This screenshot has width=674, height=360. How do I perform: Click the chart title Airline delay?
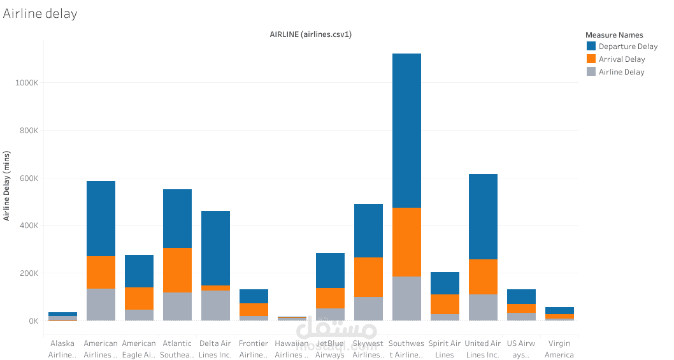coord(40,13)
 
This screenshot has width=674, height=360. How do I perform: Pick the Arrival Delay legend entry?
coord(621,59)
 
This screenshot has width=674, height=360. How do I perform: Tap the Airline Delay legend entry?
coord(621,72)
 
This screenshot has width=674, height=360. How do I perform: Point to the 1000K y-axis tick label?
coord(27,83)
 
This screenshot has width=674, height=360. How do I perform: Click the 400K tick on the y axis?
coord(29,226)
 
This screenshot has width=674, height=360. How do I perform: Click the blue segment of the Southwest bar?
coord(406,131)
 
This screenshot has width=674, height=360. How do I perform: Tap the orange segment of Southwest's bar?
coord(406,242)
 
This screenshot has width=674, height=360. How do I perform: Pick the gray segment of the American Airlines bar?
coord(101,305)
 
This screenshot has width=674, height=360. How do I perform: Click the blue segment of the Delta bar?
coord(215,248)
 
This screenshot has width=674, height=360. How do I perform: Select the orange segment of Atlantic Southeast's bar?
coord(177,270)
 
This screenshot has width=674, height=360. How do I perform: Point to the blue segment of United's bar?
coord(483,217)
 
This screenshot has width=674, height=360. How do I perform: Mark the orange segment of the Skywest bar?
coord(368,277)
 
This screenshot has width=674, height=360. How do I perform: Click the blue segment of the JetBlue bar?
coord(330,270)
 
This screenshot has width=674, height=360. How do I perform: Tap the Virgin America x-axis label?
coord(559,349)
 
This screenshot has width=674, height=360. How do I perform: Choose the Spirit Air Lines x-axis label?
coord(445,349)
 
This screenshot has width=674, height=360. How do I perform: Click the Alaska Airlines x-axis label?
coord(62,349)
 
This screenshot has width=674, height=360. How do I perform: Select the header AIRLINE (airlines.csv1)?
coord(310,34)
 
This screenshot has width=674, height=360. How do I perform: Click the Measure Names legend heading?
coord(614,35)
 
